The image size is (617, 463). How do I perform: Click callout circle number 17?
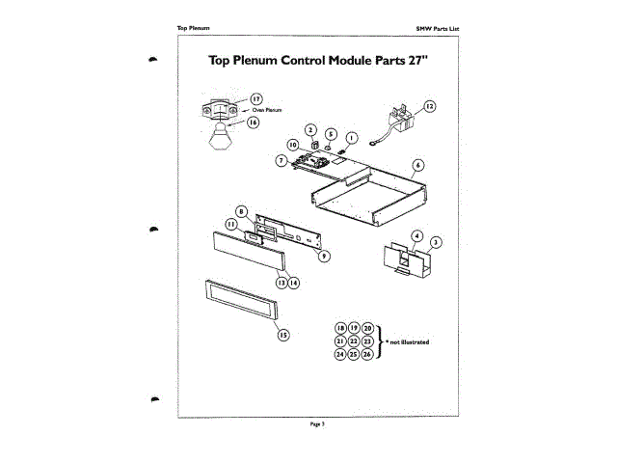point(256,98)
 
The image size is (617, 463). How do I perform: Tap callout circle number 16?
point(254,123)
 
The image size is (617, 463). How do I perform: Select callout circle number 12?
point(430,106)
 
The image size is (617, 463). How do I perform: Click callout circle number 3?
point(436,242)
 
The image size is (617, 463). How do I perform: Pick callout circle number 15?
point(283,335)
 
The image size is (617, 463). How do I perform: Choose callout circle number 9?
point(325,256)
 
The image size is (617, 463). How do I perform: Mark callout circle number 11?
point(231,224)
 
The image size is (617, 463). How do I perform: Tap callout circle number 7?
point(281,160)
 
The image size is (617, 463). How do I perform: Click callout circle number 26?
point(367,354)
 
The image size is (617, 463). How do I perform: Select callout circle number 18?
point(340,329)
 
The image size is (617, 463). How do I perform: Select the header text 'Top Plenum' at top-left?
point(194,26)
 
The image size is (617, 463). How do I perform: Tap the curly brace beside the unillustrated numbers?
point(380,341)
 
